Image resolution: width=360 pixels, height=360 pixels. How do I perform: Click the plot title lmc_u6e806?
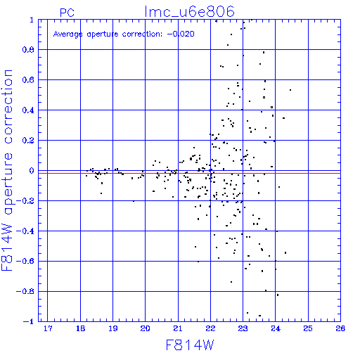189,12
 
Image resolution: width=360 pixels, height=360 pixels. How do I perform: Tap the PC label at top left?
67,13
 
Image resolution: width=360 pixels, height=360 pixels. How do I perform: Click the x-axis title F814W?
190,345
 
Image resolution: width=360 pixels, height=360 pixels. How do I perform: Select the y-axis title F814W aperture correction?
7,170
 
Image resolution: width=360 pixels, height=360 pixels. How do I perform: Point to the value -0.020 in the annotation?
181,34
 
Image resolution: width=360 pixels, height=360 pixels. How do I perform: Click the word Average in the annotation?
68,34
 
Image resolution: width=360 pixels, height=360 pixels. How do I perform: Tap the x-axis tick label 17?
48,328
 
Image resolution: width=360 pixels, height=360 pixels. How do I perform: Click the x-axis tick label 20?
146,328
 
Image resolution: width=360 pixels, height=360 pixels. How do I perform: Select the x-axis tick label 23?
243,328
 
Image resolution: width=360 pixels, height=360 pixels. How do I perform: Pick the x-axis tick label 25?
308,328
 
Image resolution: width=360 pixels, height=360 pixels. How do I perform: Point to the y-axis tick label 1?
32,20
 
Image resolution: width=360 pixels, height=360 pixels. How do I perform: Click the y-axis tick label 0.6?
28,80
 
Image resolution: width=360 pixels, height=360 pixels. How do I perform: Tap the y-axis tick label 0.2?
28,141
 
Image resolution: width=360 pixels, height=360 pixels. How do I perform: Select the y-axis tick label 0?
32,171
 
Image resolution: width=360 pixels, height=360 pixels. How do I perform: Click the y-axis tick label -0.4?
25,231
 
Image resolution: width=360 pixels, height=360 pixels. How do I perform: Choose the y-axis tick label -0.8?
25,291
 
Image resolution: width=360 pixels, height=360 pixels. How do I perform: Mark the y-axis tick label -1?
28,321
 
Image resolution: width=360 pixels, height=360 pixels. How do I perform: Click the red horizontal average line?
189,173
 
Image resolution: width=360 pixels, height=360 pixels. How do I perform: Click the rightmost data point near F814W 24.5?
290,90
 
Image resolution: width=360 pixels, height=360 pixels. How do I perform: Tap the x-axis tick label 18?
80,328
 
